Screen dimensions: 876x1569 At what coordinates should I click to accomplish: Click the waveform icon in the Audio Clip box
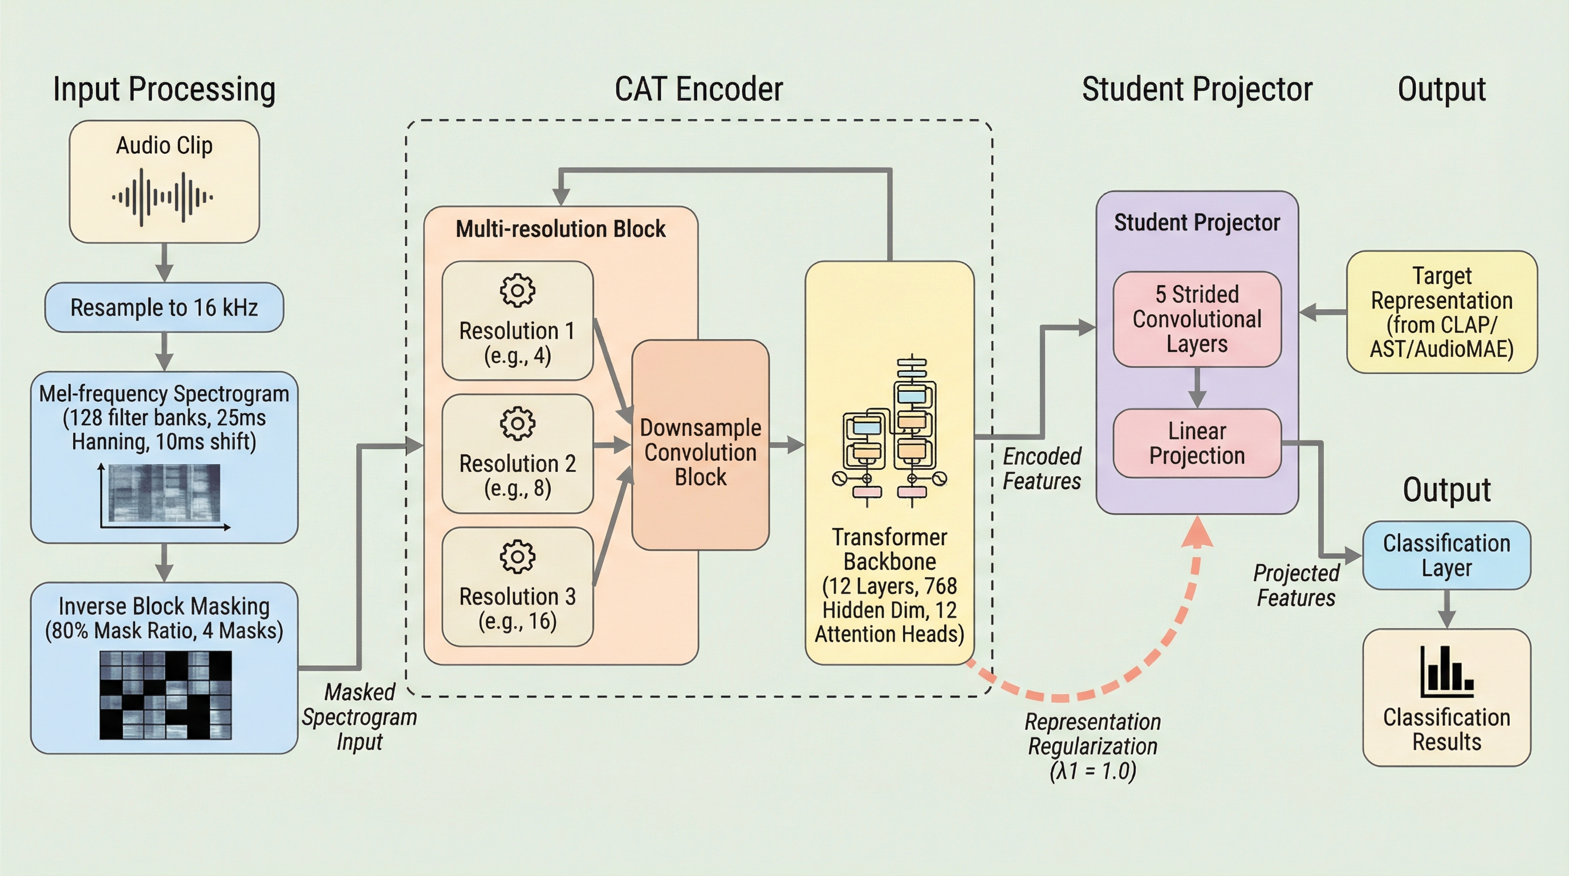[162, 197]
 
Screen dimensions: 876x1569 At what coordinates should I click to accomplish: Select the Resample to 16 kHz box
[164, 307]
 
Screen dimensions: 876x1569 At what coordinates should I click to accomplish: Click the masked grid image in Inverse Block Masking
[166, 695]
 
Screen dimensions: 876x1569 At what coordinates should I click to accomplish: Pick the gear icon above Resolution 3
[517, 555]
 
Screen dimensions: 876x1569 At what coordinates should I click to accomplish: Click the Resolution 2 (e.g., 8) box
[517, 454]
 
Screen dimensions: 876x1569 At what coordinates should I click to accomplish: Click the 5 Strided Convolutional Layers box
[1197, 319]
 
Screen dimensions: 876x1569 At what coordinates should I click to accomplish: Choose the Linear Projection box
[1197, 444]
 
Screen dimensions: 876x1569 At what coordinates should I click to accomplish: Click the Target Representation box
[1442, 312]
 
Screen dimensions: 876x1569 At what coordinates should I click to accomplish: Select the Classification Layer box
[1446, 555]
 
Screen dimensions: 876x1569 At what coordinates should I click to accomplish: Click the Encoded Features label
[1042, 468]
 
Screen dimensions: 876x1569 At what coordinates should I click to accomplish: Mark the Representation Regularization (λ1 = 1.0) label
[1093, 746]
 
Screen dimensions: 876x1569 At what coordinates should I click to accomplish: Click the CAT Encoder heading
[698, 89]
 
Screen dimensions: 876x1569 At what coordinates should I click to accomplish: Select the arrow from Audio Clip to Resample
[164, 262]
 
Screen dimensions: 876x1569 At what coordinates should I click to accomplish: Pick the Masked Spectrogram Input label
[359, 717]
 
